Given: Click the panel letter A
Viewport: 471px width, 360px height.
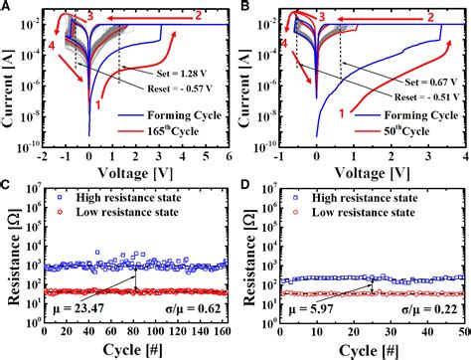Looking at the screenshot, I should point(7,7).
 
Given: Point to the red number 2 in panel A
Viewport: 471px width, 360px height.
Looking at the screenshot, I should point(198,14).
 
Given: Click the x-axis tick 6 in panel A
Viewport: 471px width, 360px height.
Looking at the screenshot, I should point(229,155).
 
